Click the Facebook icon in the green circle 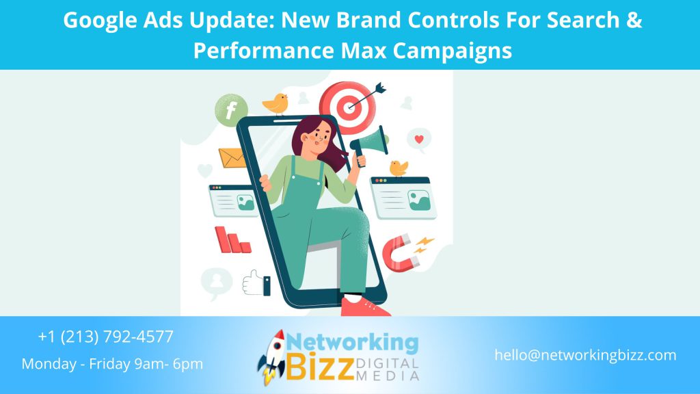231,109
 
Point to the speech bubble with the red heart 418,140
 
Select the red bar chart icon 232,240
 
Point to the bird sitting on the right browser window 398,168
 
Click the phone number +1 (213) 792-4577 106,337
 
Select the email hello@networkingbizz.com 586,355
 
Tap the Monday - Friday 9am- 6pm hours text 112,364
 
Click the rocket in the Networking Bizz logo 272,356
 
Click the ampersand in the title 634,21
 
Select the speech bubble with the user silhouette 217,281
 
